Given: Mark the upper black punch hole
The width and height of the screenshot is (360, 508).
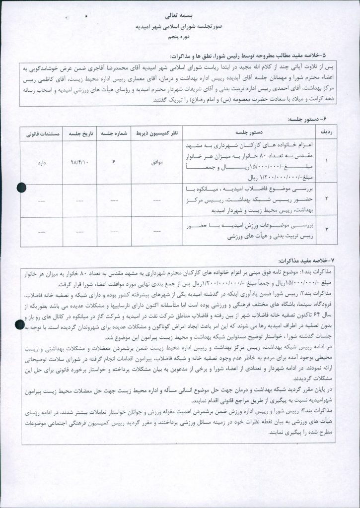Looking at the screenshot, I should click(22, 187).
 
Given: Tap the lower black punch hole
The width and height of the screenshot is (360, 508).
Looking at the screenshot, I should click(21, 325).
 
